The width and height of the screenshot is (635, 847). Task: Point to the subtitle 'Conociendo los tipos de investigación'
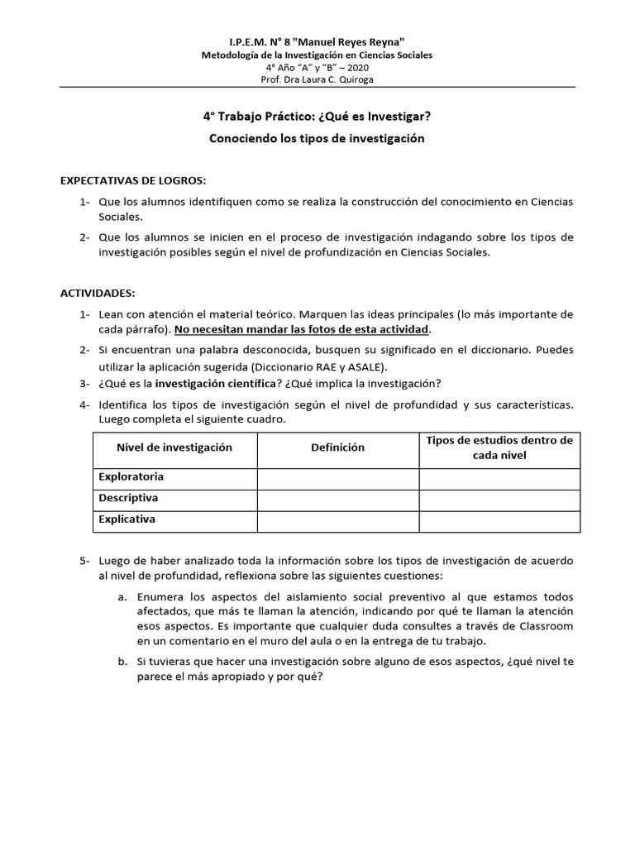(x=317, y=138)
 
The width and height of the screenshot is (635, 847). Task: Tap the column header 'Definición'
(x=337, y=447)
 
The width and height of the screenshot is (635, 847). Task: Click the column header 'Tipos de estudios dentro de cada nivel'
(x=499, y=447)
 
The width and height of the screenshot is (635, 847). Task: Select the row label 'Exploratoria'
(x=131, y=476)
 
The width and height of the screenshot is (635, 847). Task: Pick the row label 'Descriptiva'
(x=128, y=498)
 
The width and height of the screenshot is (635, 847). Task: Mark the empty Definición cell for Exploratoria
(x=337, y=477)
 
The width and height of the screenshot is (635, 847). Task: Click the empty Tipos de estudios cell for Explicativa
(x=499, y=520)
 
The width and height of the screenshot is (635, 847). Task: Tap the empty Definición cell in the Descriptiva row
(x=337, y=499)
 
